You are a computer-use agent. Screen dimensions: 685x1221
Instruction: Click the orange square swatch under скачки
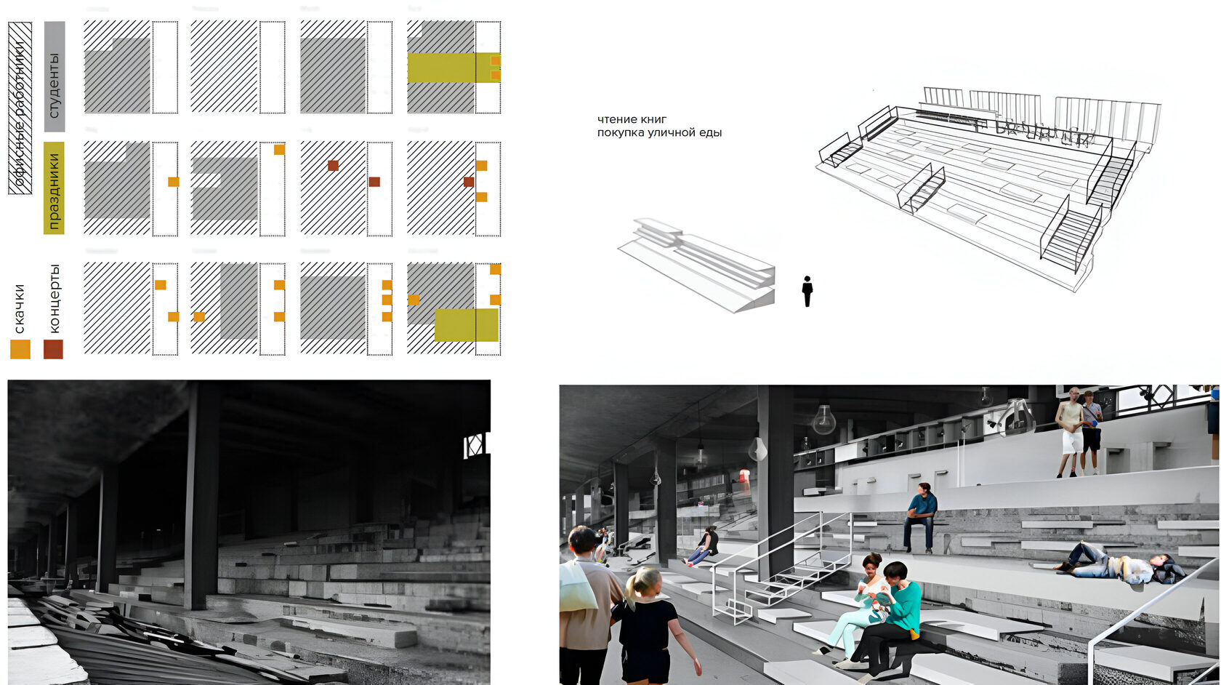(x=20, y=349)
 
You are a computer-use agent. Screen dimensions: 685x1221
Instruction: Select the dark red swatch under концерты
(x=53, y=349)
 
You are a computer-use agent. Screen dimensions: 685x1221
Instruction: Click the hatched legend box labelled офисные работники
(x=20, y=108)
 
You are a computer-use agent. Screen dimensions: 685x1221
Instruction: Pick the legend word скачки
(x=20, y=308)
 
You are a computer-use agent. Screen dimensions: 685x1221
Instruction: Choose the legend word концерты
(x=55, y=298)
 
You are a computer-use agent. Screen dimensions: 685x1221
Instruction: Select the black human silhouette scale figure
(x=807, y=291)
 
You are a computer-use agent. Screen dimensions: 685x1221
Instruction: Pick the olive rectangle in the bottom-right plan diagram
(x=467, y=325)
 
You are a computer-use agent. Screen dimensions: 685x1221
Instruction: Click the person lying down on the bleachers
(x=1119, y=566)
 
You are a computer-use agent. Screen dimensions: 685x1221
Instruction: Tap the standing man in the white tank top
(x=1069, y=430)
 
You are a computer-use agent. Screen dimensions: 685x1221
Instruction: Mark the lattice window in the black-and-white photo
(x=475, y=444)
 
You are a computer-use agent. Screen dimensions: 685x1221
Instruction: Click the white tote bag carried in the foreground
(x=577, y=588)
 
